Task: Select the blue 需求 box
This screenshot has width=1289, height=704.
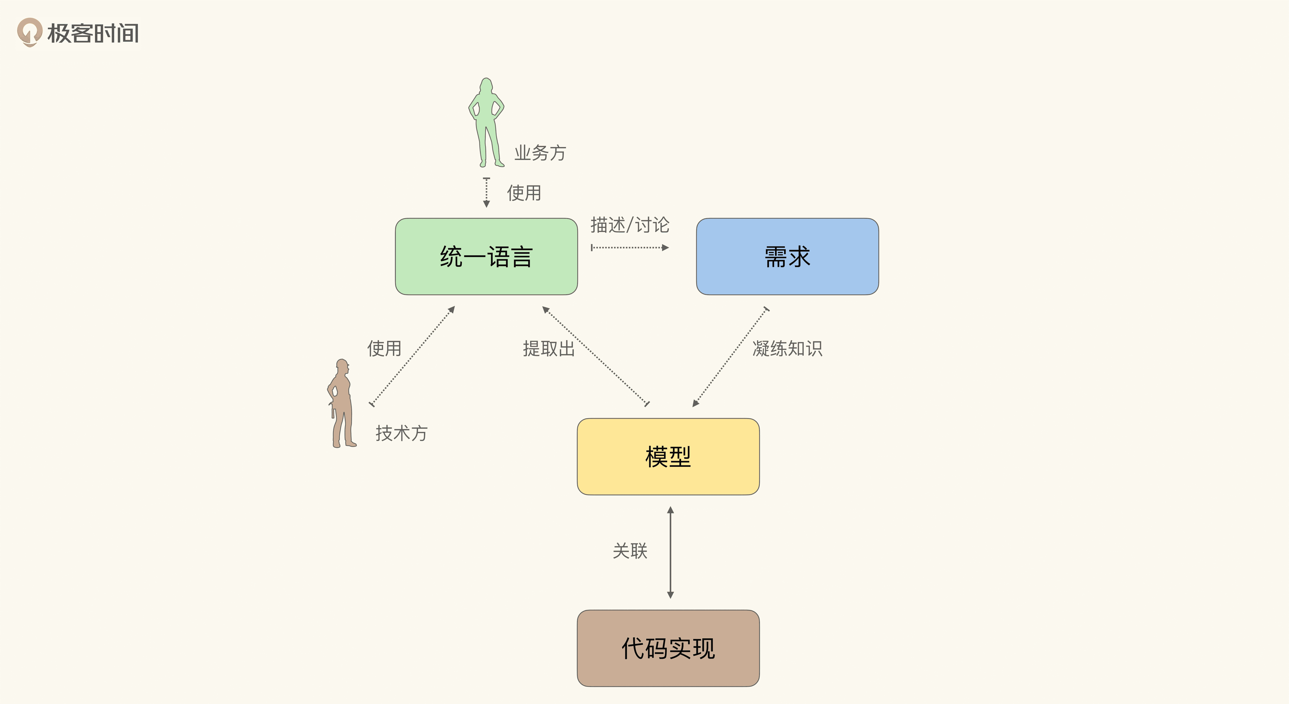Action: tap(787, 256)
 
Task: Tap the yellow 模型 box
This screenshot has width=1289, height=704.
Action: tap(668, 456)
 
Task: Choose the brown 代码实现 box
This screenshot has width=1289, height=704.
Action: tap(668, 648)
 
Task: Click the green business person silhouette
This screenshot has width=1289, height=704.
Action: tap(486, 123)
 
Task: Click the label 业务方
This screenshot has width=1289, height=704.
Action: tap(540, 153)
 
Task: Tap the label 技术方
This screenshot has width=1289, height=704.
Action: tap(401, 433)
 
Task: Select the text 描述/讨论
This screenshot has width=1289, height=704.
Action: tap(630, 225)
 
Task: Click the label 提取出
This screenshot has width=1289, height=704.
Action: tap(548, 348)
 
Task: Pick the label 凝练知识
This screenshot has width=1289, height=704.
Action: tap(787, 348)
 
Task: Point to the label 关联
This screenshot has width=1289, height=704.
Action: tap(630, 550)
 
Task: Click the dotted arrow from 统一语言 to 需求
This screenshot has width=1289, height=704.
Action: tap(630, 247)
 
